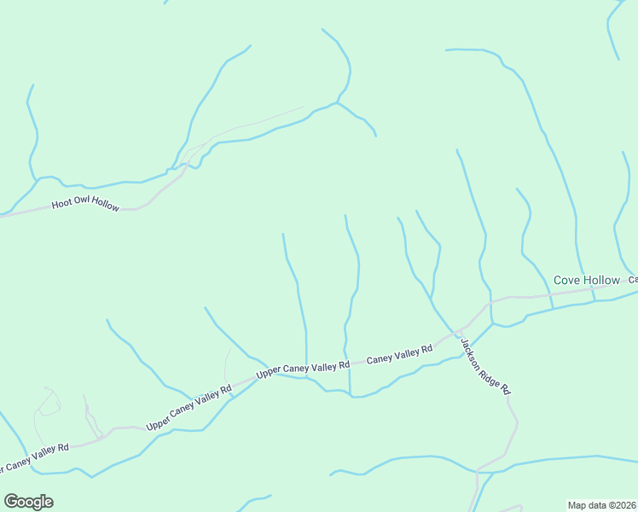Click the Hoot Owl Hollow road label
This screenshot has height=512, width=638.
(86, 205)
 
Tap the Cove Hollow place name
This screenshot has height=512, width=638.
(587, 280)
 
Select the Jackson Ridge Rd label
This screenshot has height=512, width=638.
(485, 366)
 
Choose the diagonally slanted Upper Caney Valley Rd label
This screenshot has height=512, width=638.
(189, 409)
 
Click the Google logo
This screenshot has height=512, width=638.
(28, 502)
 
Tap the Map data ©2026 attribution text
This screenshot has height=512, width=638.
(602, 505)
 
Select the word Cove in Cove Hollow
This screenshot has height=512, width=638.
(568, 280)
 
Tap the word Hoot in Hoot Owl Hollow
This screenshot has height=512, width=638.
(61, 205)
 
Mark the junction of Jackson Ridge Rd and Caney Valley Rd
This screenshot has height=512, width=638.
(460, 330)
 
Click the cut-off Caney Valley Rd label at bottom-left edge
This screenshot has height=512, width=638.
(34, 458)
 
